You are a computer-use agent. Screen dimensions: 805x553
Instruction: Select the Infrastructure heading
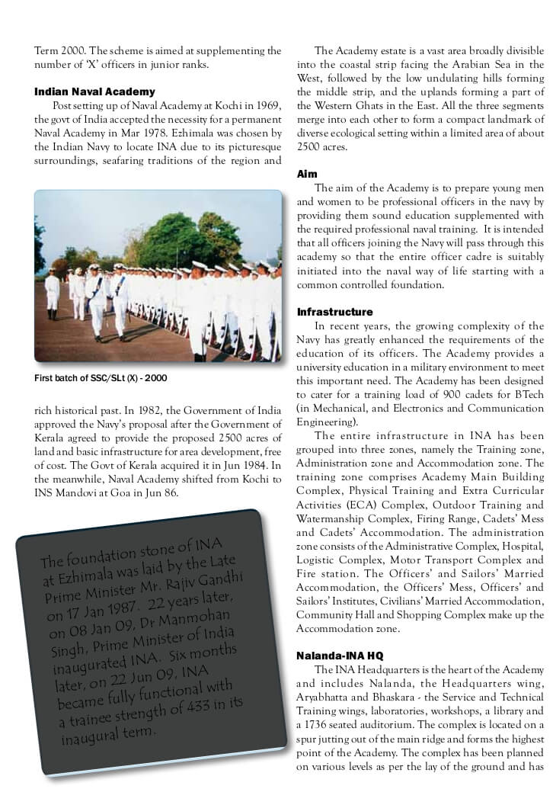point(334,313)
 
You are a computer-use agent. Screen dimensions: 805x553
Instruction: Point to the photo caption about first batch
point(101,378)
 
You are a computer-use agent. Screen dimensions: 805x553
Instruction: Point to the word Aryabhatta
point(330,697)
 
